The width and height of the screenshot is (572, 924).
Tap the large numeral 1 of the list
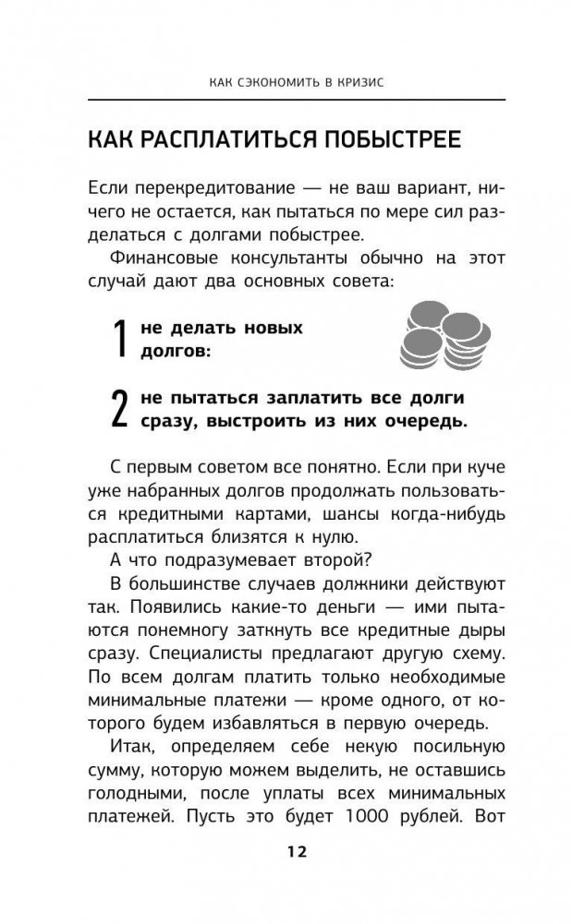(x=118, y=340)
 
